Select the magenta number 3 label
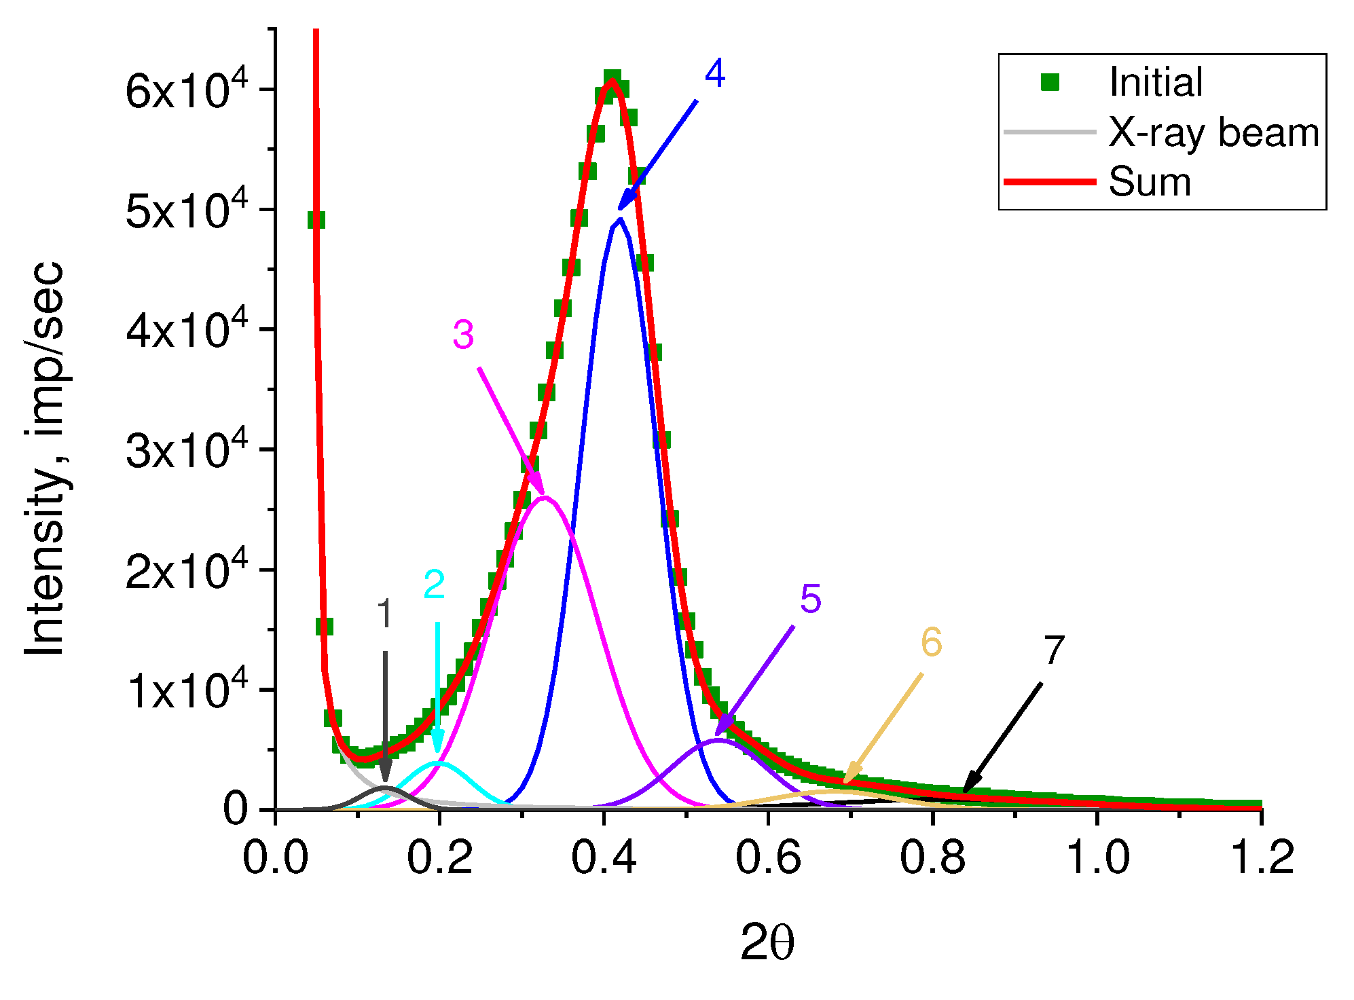click(x=463, y=335)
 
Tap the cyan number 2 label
click(x=434, y=585)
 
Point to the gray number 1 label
click(x=384, y=614)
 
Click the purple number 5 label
click(x=810, y=599)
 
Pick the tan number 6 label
click(x=931, y=642)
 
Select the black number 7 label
click(x=1053, y=650)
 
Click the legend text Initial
click(x=1155, y=82)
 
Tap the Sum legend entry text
click(x=1150, y=182)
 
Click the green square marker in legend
click(x=1050, y=82)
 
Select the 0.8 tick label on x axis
click(x=932, y=857)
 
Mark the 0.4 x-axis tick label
click(x=604, y=857)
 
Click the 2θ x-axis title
click(x=767, y=942)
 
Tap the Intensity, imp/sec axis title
click(x=44, y=459)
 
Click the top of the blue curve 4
click(x=619, y=220)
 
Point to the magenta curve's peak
click(x=545, y=498)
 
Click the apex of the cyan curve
click(x=439, y=763)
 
